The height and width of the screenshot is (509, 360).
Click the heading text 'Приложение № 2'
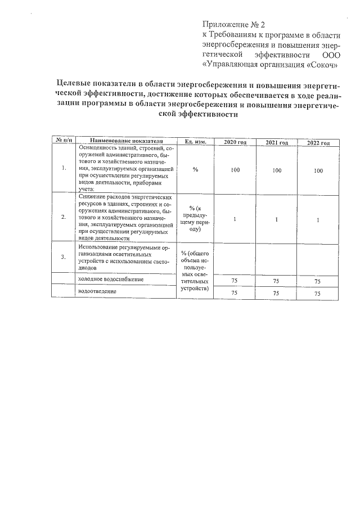point(233,25)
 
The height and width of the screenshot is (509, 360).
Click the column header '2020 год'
point(235,142)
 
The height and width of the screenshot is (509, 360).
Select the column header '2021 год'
point(277,143)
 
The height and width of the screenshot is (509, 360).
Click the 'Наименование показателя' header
point(126,141)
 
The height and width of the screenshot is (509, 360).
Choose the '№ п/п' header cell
point(62,140)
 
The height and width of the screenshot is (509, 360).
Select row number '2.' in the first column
point(64,217)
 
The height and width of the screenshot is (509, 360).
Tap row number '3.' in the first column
point(64,256)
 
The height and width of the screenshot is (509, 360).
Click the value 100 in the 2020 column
point(235,169)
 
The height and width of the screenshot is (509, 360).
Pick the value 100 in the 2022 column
point(318,170)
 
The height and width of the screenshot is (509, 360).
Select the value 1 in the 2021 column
point(277,219)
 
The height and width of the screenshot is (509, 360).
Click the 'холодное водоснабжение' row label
point(111,279)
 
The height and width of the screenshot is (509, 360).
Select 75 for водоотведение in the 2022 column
point(318,294)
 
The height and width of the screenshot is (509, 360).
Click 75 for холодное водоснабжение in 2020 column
point(235,280)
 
